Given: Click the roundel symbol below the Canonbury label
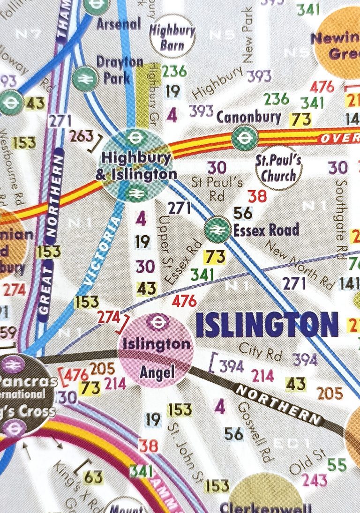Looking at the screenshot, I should pyautogui.click(x=243, y=138).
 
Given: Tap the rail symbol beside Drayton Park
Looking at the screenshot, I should pyautogui.click(x=84, y=77).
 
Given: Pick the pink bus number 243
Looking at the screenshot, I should pyautogui.click(x=315, y=480).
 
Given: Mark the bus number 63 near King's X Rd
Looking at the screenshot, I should pyautogui.click(x=93, y=477).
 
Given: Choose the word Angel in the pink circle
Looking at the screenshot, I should pyautogui.click(x=156, y=372).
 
